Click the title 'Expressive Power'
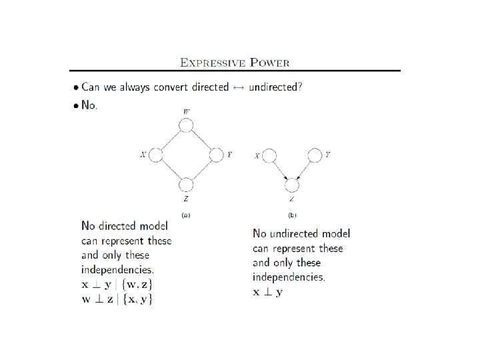(x=235, y=63)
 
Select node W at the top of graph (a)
(x=186, y=125)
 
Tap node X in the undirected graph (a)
(x=155, y=155)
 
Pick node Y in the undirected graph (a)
(x=216, y=155)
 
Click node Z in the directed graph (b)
(x=291, y=185)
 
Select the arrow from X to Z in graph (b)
(x=279, y=169)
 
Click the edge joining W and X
(x=171, y=140)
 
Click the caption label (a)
(x=187, y=215)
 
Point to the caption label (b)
(x=292, y=215)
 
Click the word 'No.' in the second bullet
(x=89, y=105)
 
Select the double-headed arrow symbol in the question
(x=238, y=87)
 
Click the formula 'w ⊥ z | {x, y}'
(x=117, y=299)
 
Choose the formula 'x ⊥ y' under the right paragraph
(x=267, y=292)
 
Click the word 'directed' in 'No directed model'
(x=124, y=226)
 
